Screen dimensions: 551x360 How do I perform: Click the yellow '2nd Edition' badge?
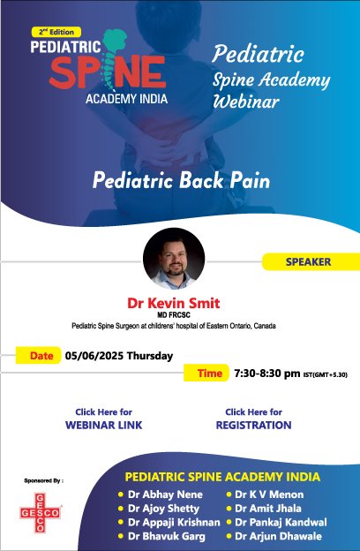click(56, 30)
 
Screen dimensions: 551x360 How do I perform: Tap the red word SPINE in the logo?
click(106, 70)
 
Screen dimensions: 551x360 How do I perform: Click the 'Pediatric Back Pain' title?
click(182, 181)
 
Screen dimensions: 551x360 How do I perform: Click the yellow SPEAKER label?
click(308, 261)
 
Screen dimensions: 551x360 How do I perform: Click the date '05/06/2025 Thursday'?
click(116, 357)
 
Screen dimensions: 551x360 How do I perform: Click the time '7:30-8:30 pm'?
click(273, 374)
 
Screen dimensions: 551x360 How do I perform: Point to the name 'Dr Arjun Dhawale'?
click(279, 536)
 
